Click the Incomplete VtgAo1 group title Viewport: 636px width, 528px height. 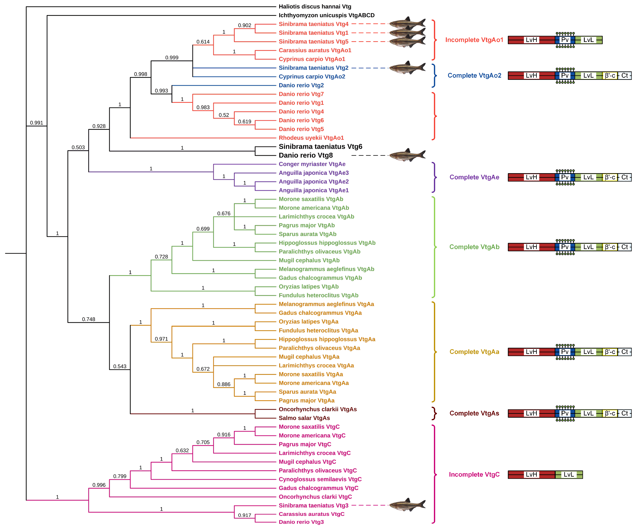coord(474,40)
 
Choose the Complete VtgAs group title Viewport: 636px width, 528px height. coord(474,413)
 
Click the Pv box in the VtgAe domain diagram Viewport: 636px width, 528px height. coord(565,177)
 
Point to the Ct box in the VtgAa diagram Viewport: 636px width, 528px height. coord(625,352)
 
